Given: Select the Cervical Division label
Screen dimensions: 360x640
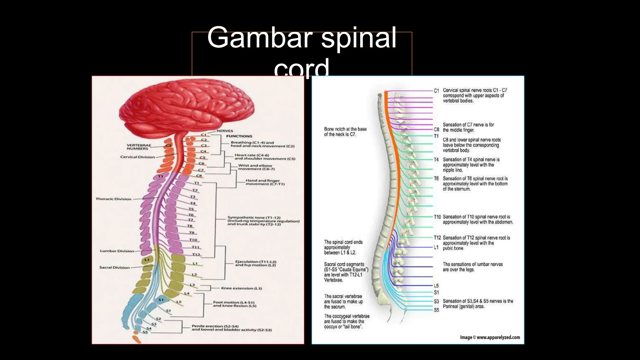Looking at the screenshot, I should point(137,157).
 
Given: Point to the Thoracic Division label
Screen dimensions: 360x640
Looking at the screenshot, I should point(113,199).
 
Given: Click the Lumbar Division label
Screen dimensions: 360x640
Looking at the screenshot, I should point(117,251).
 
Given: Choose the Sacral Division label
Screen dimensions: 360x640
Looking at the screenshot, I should point(114,267).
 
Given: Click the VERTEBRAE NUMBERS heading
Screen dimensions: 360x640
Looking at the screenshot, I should point(139,147).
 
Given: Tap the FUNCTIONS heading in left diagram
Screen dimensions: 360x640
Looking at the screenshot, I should point(239,136).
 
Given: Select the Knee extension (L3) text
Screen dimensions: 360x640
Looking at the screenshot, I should point(241,288).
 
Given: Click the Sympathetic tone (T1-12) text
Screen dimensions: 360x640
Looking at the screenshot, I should point(263,221).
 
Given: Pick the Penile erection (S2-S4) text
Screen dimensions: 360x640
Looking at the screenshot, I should point(231,328).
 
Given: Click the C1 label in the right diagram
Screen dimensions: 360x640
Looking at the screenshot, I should point(436,91).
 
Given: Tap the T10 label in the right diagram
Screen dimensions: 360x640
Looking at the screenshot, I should point(437,217).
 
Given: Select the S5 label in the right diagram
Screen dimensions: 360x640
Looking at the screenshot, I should point(436,310).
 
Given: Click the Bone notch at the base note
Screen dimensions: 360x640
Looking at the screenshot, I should point(345,132).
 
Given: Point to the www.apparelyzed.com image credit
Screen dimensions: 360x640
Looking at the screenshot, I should point(490,337).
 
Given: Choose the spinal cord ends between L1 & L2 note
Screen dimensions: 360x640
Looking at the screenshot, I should point(343,247).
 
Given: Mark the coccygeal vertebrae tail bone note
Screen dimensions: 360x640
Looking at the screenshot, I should point(347,321).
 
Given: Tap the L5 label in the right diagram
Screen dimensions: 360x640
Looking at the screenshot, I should point(436,286).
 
